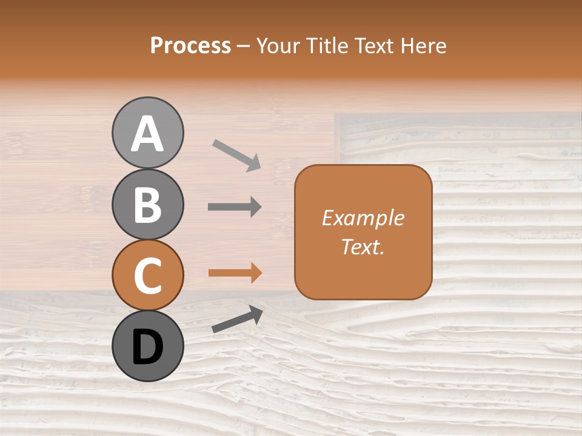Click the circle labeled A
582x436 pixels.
[x=147, y=133]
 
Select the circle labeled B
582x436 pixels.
[x=147, y=204]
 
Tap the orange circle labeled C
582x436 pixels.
[x=147, y=276]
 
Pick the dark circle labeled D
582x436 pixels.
[x=147, y=346]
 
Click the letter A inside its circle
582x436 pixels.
[x=147, y=134]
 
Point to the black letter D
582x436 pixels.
[x=147, y=347]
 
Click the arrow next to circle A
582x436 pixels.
[x=236, y=154]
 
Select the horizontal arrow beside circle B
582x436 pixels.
[x=235, y=207]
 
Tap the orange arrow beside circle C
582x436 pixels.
[x=235, y=272]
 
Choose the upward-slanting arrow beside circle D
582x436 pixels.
[x=237, y=319]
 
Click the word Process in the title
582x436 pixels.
[x=190, y=45]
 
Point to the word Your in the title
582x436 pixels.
[x=278, y=45]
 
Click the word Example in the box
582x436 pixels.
[x=363, y=218]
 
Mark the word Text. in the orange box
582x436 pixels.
[x=363, y=246]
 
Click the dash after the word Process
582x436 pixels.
[x=243, y=47]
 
